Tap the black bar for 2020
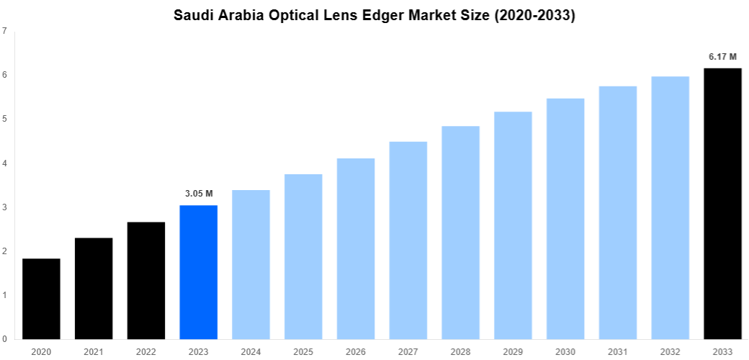[x=41, y=299]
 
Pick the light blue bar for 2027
[x=408, y=240]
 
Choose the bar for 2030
[x=565, y=219]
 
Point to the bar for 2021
[x=94, y=288]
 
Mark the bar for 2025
[x=303, y=256]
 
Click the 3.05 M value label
[x=199, y=193]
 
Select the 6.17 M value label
[x=722, y=55]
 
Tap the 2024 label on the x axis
[x=251, y=351]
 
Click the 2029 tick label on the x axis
[x=513, y=351]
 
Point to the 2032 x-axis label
[x=670, y=351]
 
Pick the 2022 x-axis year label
[x=145, y=351]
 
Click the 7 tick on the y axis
[x=5, y=31]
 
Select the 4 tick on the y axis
[x=5, y=163]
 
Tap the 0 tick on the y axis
[x=5, y=339]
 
